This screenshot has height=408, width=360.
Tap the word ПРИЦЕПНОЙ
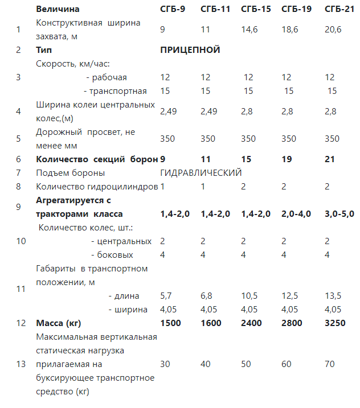(190, 50)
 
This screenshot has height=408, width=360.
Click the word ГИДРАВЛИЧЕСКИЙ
(201, 172)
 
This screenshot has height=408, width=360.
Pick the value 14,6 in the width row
(249, 29)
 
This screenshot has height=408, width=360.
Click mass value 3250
(334, 323)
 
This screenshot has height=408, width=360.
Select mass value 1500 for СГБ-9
(171, 323)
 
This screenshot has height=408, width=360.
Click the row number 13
(21, 364)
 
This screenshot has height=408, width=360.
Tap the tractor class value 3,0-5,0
(338, 214)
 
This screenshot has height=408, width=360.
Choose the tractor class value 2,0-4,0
(296, 214)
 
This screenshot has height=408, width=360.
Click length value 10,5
(249, 296)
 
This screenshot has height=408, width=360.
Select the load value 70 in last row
(329, 364)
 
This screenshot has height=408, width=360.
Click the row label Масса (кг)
(58, 323)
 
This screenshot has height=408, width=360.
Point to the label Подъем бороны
(70, 172)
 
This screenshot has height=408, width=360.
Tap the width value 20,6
(333, 29)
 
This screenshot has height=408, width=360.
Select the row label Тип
(43, 50)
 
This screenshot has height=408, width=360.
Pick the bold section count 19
(287, 160)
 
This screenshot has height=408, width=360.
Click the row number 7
(19, 172)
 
